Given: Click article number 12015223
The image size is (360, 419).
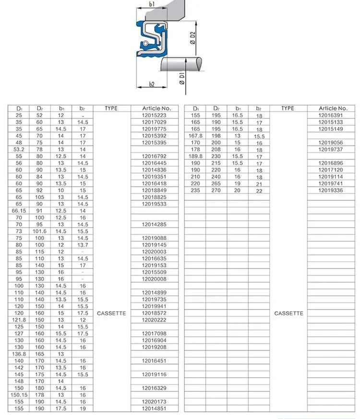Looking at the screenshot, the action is (154, 115).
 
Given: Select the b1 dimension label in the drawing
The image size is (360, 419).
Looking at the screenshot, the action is (152, 4).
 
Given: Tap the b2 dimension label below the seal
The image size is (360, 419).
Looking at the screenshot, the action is (152, 84).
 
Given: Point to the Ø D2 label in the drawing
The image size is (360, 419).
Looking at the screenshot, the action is (192, 38).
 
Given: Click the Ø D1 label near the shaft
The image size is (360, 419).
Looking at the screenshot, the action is (182, 78).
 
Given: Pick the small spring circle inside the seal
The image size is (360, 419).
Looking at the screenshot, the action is (145, 43).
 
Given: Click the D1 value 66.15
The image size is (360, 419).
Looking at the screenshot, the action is (19, 211).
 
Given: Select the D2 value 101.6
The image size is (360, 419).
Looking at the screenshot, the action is (39, 231).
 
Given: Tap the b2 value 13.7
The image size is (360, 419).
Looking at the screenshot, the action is (83, 245).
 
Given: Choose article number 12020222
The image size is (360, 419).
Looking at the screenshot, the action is (154, 320).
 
